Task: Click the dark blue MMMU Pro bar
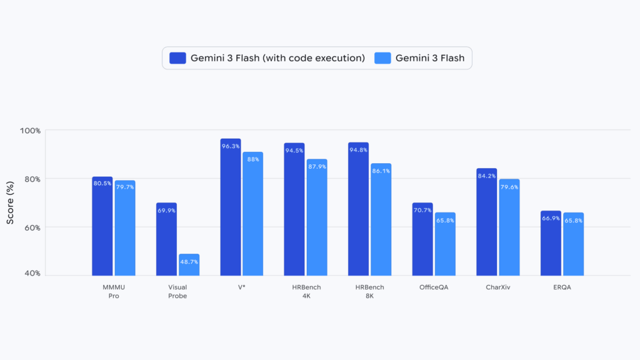tap(102, 226)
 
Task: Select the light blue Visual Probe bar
tap(189, 265)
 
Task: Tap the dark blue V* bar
tap(230, 207)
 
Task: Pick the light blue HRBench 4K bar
tap(317, 217)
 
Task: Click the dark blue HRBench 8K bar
tap(358, 209)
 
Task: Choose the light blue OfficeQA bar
tap(445, 244)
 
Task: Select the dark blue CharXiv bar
tap(486, 222)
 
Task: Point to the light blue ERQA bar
tap(573, 244)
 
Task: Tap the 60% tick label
tap(32, 227)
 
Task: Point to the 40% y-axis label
tap(32, 273)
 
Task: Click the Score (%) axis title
tap(11, 202)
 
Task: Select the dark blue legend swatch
tap(177, 58)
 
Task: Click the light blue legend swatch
tap(382, 58)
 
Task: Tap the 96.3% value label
tap(231, 146)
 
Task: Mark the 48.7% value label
tap(189, 261)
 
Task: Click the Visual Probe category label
tap(177, 291)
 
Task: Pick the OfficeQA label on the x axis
tap(434, 287)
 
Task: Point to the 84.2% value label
tap(486, 176)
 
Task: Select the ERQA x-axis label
tap(562, 287)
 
